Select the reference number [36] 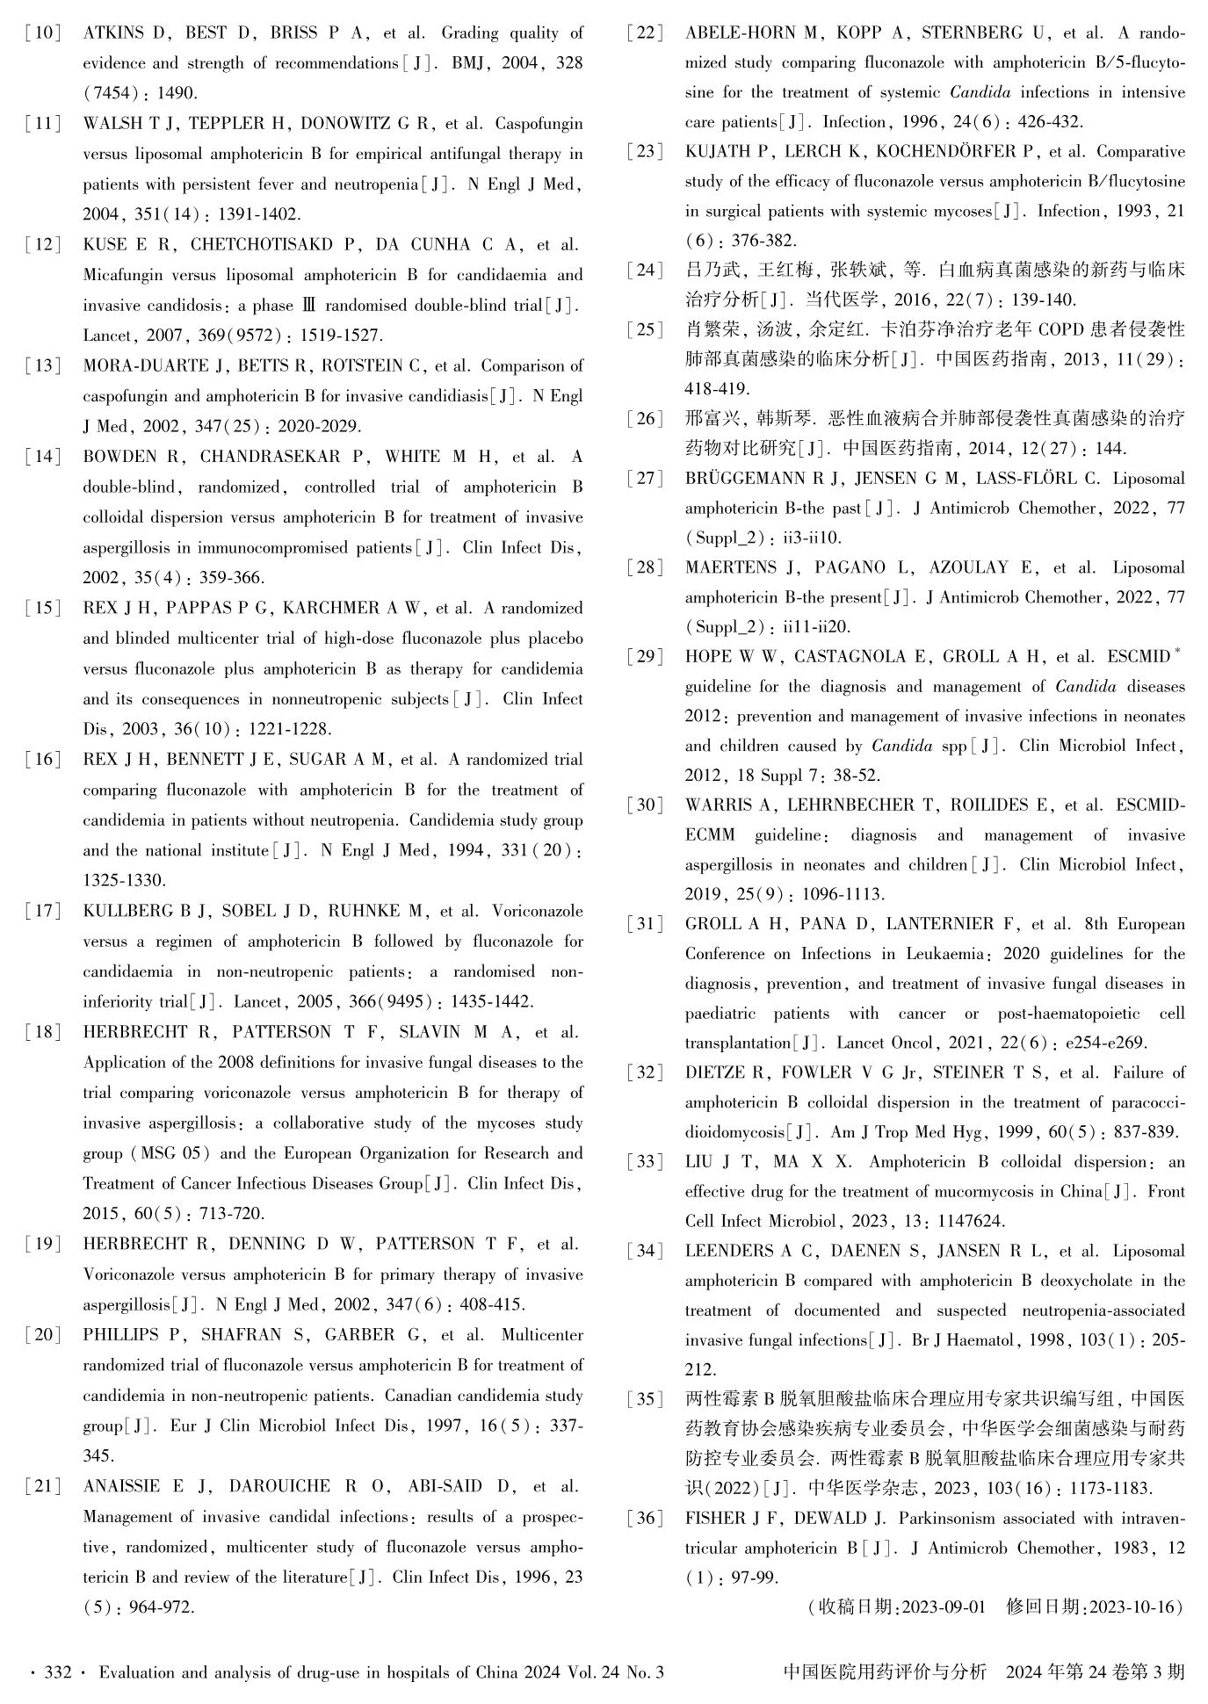click(646, 1518)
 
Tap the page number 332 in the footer click(57, 1672)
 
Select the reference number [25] click(646, 330)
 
